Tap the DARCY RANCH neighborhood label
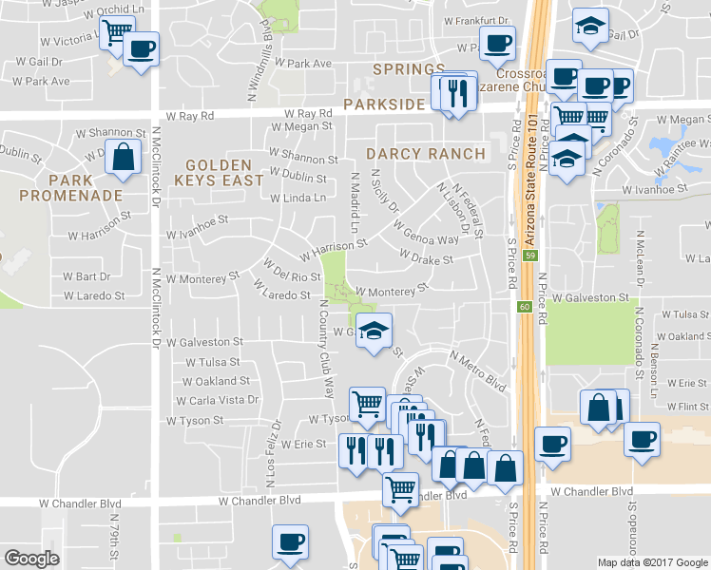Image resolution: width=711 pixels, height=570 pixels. coord(426,154)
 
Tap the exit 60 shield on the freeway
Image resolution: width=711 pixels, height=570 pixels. coord(525,306)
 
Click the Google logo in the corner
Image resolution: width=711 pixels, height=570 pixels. coord(31,558)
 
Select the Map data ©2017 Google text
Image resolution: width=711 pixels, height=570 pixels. coord(652,562)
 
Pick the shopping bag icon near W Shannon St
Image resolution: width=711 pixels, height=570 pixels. coord(124,158)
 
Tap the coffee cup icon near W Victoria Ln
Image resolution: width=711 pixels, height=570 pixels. coord(142,49)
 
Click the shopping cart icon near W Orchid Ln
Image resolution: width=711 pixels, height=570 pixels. coord(115,32)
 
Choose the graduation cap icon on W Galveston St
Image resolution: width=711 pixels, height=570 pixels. coord(375,332)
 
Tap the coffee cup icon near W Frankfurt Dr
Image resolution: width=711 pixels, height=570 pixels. coord(498,42)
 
